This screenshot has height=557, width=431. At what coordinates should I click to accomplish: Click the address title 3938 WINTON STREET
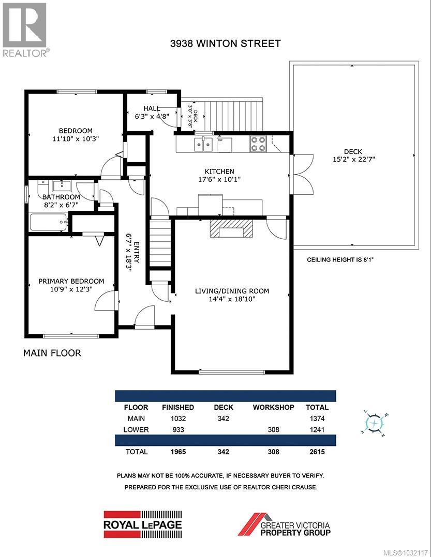click(225, 43)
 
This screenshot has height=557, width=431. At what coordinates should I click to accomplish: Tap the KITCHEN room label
click(219, 171)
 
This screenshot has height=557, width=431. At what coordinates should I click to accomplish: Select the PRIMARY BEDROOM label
click(71, 281)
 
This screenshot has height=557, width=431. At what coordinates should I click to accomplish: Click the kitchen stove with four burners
click(258, 143)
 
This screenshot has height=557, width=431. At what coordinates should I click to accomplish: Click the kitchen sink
click(204, 143)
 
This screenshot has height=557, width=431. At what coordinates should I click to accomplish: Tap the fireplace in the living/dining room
click(232, 228)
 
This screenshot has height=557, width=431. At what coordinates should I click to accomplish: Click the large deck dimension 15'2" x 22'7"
click(354, 159)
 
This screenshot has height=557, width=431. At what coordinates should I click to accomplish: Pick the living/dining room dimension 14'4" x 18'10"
click(232, 299)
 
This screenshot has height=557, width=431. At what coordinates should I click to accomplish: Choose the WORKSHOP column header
click(273, 407)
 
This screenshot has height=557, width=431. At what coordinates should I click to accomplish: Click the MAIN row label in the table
click(136, 419)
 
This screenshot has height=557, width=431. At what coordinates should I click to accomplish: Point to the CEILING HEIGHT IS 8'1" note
click(340, 259)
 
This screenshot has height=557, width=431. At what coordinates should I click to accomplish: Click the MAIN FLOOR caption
click(52, 353)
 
